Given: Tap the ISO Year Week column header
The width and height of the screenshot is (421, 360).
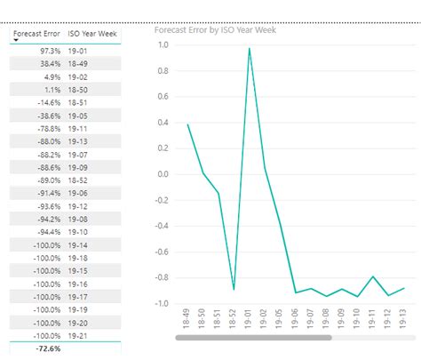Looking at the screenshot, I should click(x=93, y=35).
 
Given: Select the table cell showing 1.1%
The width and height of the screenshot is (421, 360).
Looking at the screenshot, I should click(x=50, y=90).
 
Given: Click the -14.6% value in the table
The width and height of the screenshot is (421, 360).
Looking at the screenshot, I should click(x=45, y=102).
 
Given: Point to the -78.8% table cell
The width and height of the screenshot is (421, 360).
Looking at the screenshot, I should click(x=45, y=128).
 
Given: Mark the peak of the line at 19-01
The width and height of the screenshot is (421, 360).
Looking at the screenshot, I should click(x=250, y=48).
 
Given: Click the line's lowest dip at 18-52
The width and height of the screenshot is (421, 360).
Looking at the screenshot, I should click(x=234, y=289).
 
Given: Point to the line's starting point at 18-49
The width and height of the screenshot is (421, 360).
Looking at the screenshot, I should click(x=187, y=124).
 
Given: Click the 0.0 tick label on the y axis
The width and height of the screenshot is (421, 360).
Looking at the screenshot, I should click(x=163, y=173).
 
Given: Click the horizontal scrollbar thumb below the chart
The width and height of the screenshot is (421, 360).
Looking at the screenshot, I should click(x=253, y=337).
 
